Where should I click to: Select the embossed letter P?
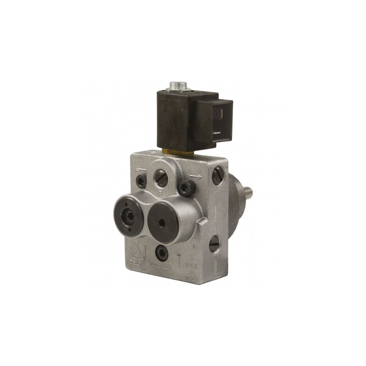pos(161,193)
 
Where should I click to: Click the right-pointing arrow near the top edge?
pos(194,176)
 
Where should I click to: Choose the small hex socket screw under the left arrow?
pos(142,181)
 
